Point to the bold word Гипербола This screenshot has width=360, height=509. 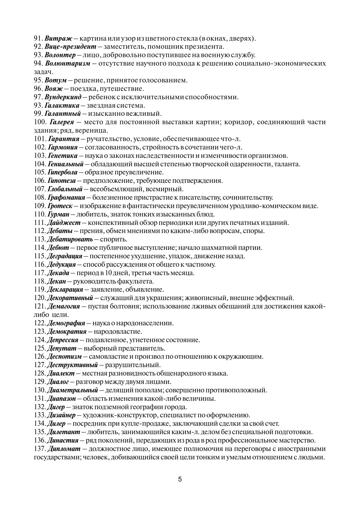click(x=62, y=172)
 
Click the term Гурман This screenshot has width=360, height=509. click(x=58, y=214)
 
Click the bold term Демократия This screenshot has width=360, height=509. click(x=66, y=331)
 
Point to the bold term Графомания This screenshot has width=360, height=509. click(x=66, y=198)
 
